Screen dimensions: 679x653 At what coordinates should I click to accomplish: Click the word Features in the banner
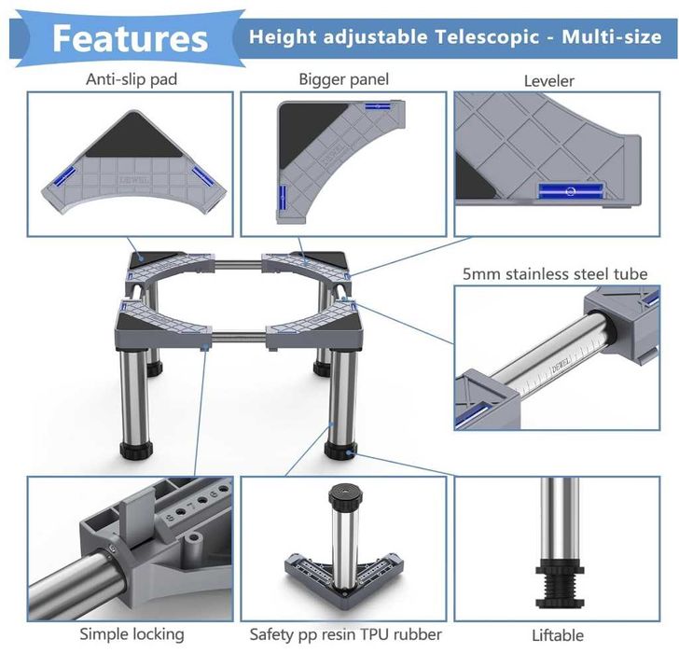130,38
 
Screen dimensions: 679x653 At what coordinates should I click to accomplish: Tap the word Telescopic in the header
487,36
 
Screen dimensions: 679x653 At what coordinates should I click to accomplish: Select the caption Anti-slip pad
132,79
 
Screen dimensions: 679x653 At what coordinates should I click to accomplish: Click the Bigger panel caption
344,79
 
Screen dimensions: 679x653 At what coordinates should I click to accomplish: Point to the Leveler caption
549,81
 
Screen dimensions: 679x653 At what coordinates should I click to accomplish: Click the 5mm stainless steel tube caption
555,273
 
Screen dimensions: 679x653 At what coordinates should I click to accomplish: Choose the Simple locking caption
132,634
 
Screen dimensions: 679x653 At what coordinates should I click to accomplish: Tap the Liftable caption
558,635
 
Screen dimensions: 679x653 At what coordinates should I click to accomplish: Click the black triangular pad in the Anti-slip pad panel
133,138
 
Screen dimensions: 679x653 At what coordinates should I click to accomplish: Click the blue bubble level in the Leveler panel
571,190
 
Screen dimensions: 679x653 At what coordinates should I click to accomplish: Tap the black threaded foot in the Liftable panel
560,583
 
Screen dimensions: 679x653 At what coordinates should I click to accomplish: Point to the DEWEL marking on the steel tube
561,363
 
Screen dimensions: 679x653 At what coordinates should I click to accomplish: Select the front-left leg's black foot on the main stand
136,452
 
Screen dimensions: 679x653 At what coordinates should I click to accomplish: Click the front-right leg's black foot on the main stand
341,451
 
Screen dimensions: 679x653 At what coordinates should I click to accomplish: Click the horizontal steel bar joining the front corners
239,338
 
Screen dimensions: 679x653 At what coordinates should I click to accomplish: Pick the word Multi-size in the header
612,36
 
